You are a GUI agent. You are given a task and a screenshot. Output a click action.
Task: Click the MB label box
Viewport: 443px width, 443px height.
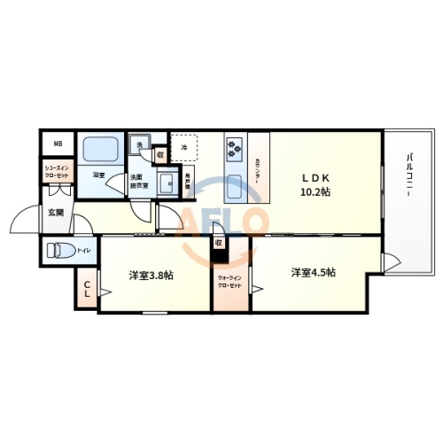pyautogui.click(x=58, y=144)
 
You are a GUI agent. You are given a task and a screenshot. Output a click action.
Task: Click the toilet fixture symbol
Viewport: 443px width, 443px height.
pyautogui.click(x=58, y=250)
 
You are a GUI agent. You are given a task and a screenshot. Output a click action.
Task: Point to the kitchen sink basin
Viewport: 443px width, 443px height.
pyautogui.click(x=237, y=187)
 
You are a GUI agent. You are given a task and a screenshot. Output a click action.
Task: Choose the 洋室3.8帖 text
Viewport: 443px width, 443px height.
pyautogui.click(x=152, y=275)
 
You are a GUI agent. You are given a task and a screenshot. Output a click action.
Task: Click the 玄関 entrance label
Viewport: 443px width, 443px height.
pyautogui.click(x=55, y=212)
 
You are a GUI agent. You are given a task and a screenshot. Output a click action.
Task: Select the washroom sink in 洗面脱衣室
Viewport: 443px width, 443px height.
pyautogui.click(x=165, y=183)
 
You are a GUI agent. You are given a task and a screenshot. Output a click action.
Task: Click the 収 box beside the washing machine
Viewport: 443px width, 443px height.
pyautogui.click(x=159, y=154)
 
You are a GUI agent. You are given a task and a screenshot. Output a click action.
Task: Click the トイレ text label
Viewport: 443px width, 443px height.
pyautogui.click(x=83, y=251)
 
